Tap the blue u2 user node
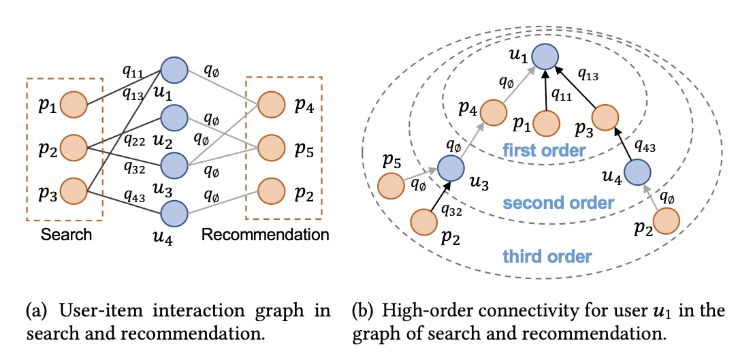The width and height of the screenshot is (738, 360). pyautogui.click(x=174, y=116)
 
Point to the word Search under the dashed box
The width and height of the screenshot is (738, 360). pyautogui.click(x=65, y=235)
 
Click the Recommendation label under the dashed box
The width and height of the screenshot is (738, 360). pyautogui.click(x=266, y=235)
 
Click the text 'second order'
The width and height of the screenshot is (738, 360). pyautogui.click(x=558, y=203)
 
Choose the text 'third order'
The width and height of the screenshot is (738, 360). pyautogui.click(x=547, y=257)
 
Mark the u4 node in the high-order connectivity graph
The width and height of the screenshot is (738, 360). pyautogui.click(x=637, y=171)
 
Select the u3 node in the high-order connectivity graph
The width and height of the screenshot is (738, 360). pyautogui.click(x=449, y=168)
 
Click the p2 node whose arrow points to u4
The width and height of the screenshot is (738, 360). pyautogui.click(x=667, y=221)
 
